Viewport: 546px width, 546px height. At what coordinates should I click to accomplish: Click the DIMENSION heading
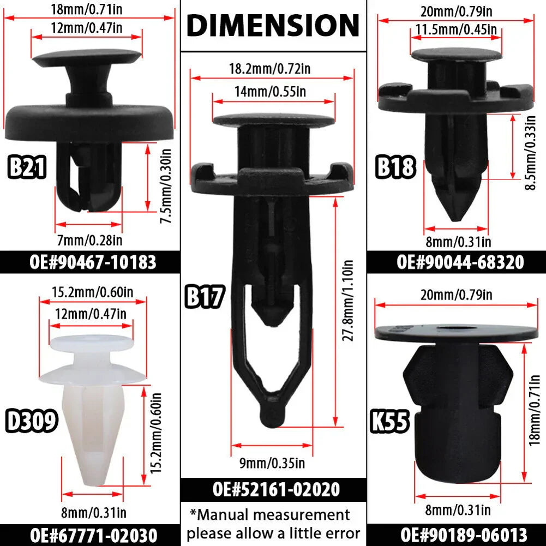tap(273, 25)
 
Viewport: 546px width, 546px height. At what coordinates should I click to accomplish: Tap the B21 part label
tap(27, 167)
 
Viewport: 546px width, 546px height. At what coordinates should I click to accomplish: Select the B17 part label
tap(205, 296)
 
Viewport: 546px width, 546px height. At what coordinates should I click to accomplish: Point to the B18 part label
tap(395, 167)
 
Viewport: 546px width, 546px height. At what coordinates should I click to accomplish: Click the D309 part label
tap(31, 421)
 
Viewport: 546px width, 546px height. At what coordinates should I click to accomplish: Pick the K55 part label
tap(389, 421)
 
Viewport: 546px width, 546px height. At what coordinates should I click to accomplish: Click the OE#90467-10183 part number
tap(93, 262)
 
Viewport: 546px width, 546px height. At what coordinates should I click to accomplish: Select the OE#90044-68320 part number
tap(460, 262)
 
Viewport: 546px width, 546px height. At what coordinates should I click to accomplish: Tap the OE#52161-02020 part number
tap(276, 489)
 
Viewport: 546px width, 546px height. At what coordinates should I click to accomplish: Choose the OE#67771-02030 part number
tap(93, 535)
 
